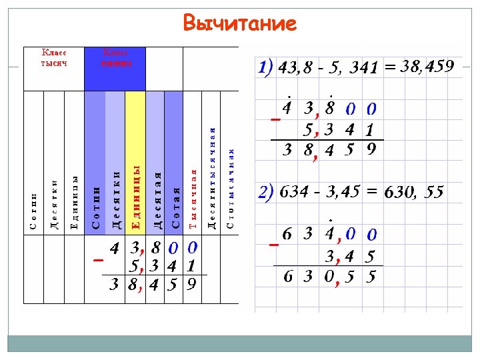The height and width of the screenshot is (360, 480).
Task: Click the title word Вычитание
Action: pos(239,23)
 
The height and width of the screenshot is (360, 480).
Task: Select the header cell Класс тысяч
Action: pos(54,57)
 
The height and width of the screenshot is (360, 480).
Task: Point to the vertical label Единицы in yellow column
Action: pos(135,197)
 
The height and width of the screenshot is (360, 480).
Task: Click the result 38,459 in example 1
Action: pos(427,66)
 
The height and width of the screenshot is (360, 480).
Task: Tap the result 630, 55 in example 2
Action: pos(414,193)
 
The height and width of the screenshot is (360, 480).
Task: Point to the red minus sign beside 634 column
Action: pos(273,245)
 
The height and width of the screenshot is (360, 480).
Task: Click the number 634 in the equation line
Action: pos(294,193)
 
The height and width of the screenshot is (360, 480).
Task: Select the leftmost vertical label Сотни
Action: pos(33,211)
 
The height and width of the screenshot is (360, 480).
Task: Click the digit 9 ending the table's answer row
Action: pos(191,285)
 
